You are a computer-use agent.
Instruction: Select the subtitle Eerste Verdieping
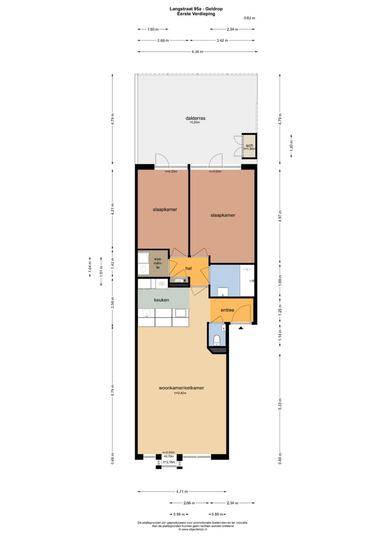196,14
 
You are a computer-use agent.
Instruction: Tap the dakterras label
195,118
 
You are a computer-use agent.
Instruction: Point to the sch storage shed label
249,145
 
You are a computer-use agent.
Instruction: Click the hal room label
188,269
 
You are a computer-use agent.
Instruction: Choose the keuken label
161,300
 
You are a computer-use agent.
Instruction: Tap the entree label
228,311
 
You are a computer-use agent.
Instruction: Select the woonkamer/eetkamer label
182,388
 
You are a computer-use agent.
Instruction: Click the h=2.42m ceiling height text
182,393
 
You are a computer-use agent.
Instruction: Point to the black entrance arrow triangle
241,329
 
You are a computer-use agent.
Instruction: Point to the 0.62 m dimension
249,18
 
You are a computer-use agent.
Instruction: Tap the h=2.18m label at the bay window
168,462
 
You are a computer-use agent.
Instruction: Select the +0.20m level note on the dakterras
195,122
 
